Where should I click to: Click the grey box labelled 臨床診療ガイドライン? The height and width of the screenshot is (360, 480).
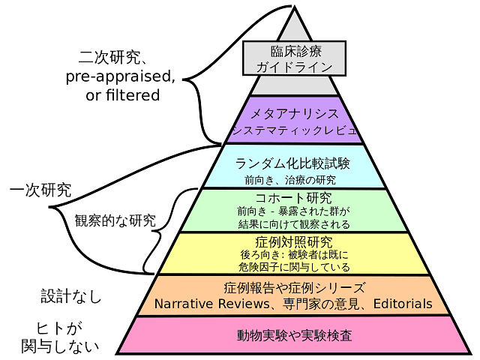click(294, 58)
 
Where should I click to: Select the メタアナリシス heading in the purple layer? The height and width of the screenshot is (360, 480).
click(295, 114)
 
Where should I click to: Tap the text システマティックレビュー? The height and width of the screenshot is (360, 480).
click(295, 130)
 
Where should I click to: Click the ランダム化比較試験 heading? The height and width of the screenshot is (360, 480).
click(292, 163)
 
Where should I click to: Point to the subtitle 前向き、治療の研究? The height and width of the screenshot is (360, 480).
click(290, 180)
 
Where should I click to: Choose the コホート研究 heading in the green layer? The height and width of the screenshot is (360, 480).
click(293, 198)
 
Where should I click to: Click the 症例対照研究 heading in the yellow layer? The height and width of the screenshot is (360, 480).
click(293, 242)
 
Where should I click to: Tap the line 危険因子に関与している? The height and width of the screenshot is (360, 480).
click(294, 267)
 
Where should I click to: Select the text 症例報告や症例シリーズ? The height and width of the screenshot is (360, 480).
click(295, 288)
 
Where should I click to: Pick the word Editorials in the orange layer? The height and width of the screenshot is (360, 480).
click(403, 304)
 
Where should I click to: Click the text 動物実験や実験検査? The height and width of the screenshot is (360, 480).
click(294, 335)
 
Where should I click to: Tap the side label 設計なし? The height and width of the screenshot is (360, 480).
click(71, 296)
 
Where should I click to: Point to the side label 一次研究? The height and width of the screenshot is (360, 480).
click(40, 190)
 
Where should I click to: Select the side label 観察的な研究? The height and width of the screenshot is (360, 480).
click(115, 220)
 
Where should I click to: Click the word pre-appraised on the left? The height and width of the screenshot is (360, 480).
click(118, 76)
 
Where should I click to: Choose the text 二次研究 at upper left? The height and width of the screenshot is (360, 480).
click(109, 57)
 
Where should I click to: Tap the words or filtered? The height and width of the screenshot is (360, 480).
click(123, 95)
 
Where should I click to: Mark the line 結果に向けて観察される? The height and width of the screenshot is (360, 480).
click(294, 224)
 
